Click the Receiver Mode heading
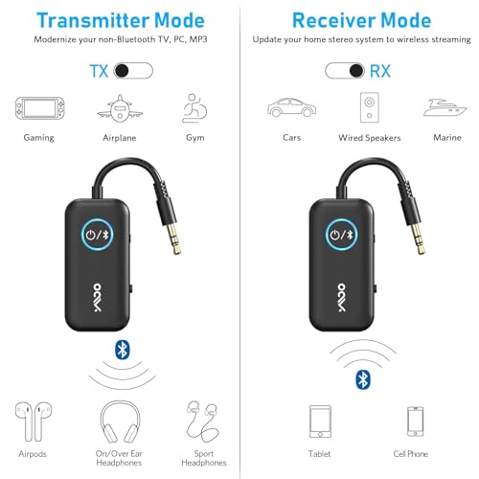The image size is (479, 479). click(x=360, y=20)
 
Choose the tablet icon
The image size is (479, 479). click(x=321, y=421)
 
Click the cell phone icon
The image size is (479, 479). click(x=415, y=421)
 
